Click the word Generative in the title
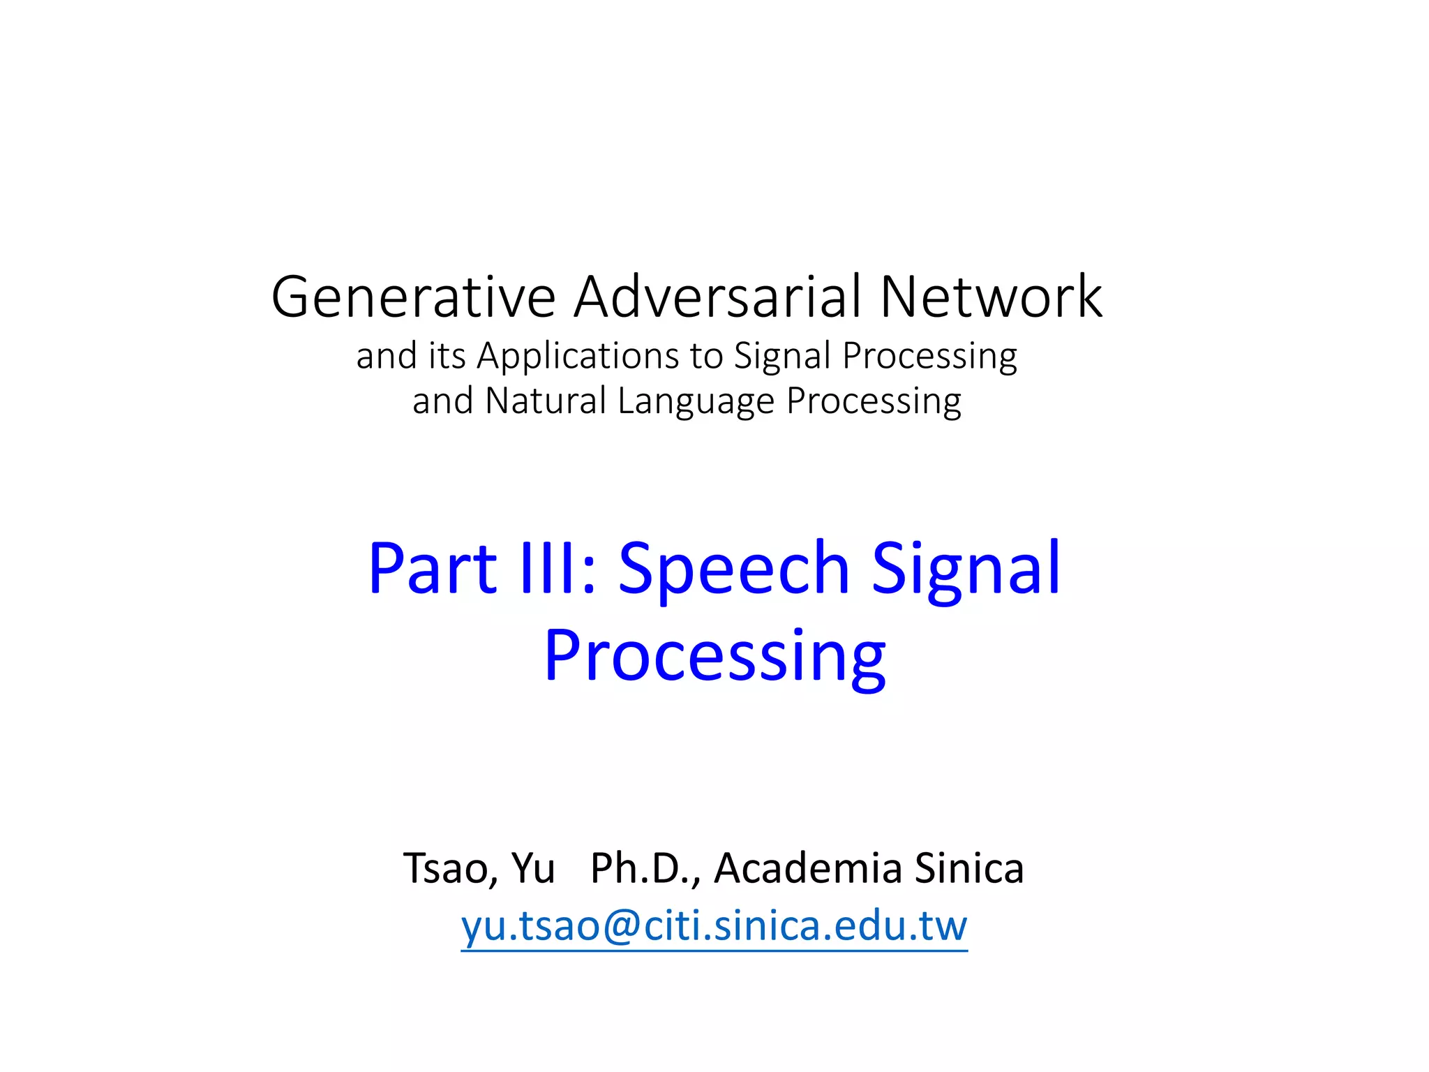[413, 297]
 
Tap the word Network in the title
[991, 297]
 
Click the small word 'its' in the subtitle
[447, 356]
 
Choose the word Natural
[545, 401]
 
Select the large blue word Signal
[966, 569]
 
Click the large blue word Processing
[714, 656]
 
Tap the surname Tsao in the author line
[450, 870]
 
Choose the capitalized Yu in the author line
[533, 870]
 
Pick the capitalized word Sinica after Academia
[968, 868]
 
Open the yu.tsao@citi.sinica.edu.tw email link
[714, 927]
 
